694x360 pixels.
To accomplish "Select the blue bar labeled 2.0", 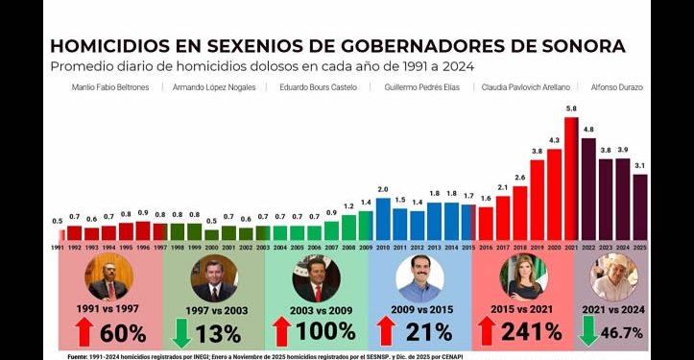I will point(383,218).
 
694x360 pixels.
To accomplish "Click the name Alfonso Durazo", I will point(617,87).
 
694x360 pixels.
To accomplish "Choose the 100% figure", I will point(325,332).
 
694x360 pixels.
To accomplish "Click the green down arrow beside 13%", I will point(182,332).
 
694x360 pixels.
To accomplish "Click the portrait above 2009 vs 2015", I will point(420,279).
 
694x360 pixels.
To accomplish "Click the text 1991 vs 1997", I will point(108,309).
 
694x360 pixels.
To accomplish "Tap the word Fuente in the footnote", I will point(82,355).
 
